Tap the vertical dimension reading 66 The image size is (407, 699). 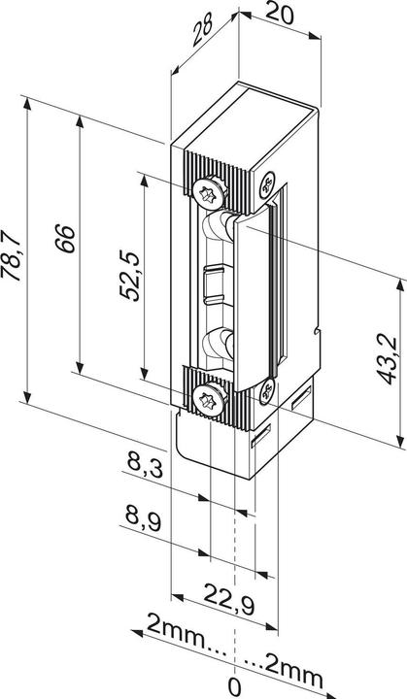(64, 239)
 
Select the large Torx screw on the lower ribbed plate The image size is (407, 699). (209, 397)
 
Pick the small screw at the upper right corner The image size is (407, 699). (268, 181)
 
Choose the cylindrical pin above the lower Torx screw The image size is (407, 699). (216, 345)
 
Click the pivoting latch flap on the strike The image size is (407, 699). (255, 291)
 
